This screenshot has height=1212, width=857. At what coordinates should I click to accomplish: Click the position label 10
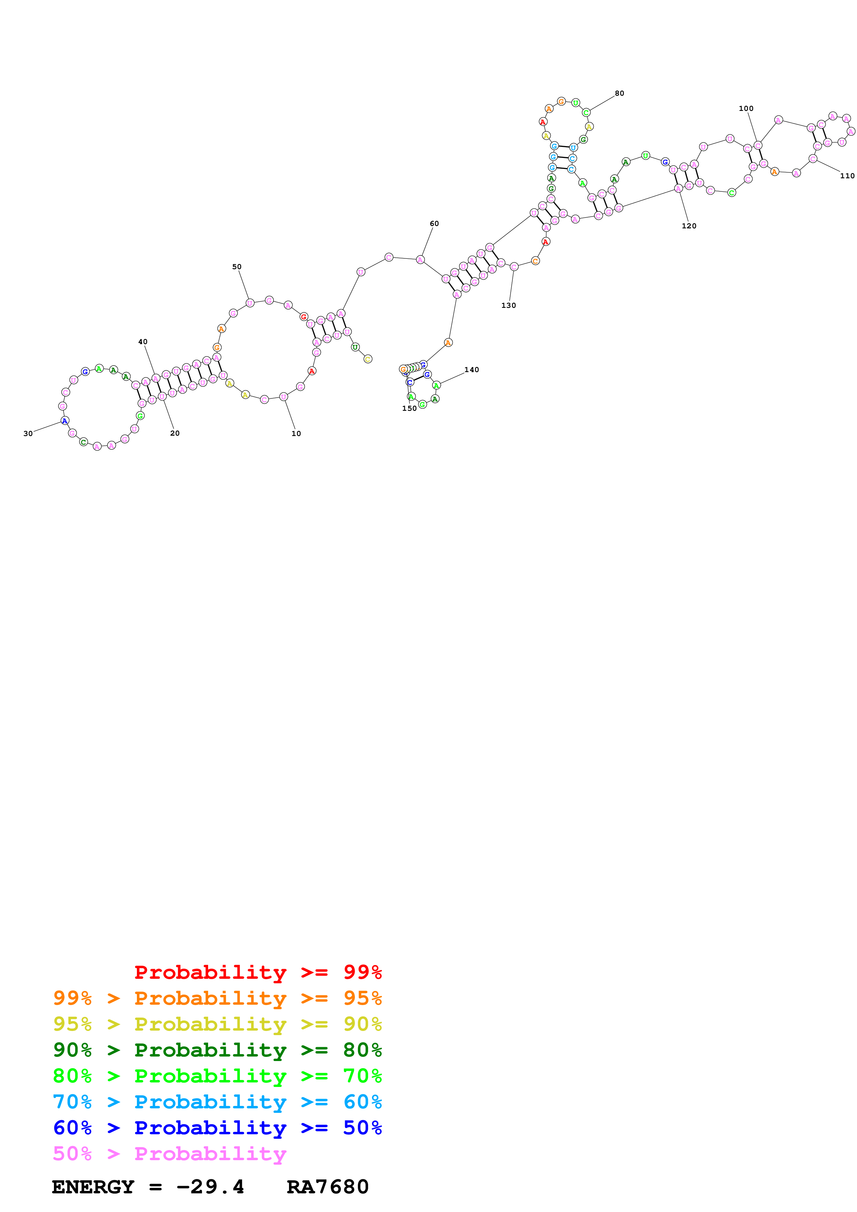(x=296, y=433)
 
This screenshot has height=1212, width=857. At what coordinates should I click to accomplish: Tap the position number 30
(x=28, y=433)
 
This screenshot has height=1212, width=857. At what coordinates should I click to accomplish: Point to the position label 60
(x=434, y=223)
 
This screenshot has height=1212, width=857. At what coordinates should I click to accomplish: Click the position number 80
(x=620, y=93)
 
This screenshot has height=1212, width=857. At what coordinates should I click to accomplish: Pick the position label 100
(x=746, y=108)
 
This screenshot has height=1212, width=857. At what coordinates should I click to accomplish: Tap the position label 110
(x=847, y=176)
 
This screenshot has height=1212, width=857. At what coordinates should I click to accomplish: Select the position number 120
(x=689, y=226)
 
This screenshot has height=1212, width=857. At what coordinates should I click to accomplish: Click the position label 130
(x=509, y=305)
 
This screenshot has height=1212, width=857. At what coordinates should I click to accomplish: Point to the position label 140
(x=472, y=370)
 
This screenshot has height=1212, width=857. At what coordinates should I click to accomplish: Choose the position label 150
(x=409, y=408)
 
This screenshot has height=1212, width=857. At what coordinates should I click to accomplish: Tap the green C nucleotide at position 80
(x=586, y=112)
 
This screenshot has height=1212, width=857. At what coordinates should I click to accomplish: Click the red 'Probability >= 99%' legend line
(x=258, y=972)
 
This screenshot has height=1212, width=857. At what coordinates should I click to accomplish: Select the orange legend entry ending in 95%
(x=217, y=998)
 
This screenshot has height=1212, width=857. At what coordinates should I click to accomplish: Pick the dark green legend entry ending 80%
(x=217, y=1049)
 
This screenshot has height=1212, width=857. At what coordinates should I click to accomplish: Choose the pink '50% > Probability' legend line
(x=169, y=1153)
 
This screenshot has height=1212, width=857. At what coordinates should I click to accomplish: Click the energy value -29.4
(x=210, y=1187)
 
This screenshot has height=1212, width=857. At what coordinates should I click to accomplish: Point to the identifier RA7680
(x=327, y=1187)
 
